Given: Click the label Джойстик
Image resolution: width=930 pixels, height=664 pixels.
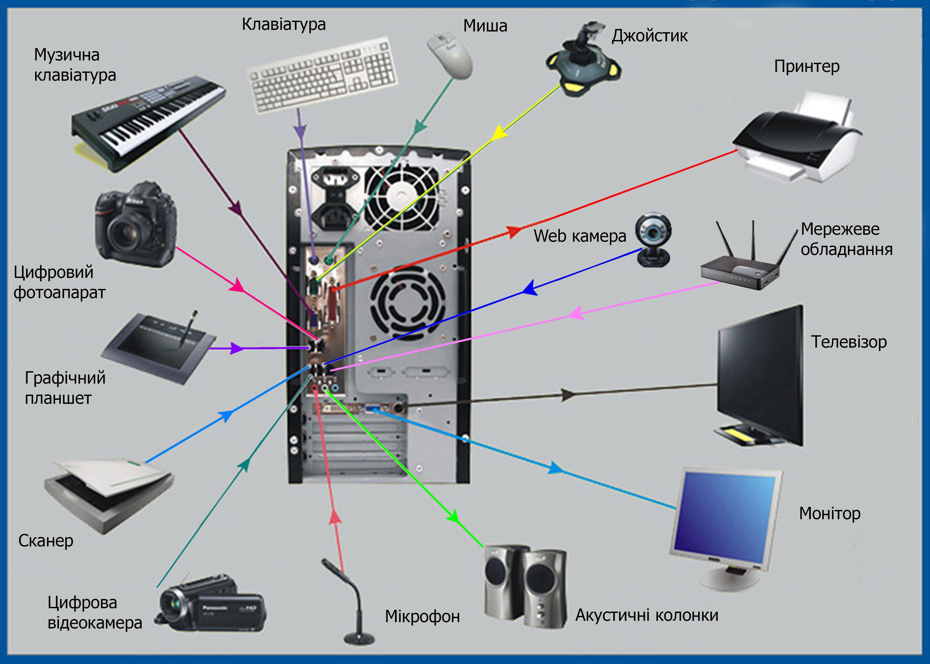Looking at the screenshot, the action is tap(649, 36).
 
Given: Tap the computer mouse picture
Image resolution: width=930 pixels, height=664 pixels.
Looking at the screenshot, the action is tap(450, 55).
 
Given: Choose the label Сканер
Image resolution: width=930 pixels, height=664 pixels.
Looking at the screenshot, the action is tap(46, 541).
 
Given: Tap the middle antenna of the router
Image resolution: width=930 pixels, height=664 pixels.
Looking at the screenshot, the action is tap(753, 241).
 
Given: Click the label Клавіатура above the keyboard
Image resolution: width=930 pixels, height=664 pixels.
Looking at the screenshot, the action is tap(284, 25).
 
